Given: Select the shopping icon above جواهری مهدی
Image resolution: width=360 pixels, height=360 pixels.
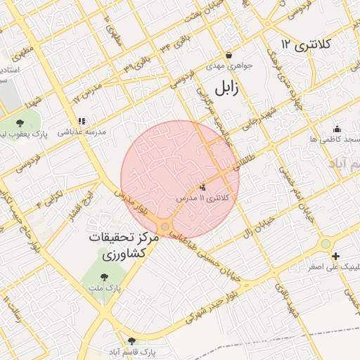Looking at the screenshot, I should point(229,56).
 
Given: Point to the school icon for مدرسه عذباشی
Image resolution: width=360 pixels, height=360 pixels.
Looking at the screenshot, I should point(82,121).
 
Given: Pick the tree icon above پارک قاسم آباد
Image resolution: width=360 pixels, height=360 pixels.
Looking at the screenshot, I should point(131,341).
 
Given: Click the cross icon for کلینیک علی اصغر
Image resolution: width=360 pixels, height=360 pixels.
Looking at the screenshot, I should point(336,257).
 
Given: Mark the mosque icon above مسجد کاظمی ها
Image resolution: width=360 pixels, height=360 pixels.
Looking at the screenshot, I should point(337,129).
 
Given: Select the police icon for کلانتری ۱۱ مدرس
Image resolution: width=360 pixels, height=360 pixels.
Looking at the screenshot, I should point(204,187).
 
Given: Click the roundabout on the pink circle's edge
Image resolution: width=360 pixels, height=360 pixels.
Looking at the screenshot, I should point(165,226).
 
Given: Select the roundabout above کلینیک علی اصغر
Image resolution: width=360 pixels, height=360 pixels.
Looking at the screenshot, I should point(325,243).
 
